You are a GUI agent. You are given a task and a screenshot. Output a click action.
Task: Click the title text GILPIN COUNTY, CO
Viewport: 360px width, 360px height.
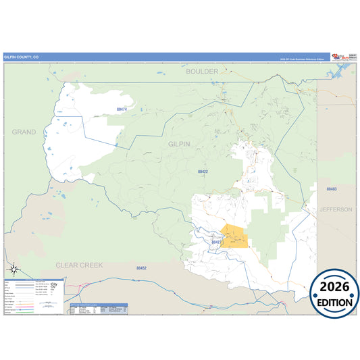pyautogui.click(x=22, y=57)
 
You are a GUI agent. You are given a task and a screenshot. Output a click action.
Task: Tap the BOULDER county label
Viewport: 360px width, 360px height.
pyautogui.click(x=203, y=71)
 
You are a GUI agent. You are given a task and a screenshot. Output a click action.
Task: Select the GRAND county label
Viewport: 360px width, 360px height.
pyautogui.click(x=24, y=132)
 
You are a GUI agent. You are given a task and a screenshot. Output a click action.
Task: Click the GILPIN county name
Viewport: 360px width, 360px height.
pyautogui.click(x=179, y=144)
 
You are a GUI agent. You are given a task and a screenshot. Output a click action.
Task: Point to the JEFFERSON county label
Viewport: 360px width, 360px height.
pyautogui.click(x=336, y=209)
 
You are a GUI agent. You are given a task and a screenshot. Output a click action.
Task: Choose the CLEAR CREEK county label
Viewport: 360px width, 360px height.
pyautogui.click(x=79, y=265)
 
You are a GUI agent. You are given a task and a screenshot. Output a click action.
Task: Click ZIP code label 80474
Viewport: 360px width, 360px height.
pyautogui.click(x=122, y=109)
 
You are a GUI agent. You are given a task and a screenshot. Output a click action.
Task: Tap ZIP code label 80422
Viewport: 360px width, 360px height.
pyautogui.click(x=203, y=172)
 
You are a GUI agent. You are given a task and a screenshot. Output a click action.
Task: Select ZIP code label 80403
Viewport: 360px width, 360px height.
pyautogui.click(x=331, y=189)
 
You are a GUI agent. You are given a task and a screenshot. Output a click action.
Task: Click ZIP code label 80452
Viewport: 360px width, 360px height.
pyautogui.click(x=141, y=268)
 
